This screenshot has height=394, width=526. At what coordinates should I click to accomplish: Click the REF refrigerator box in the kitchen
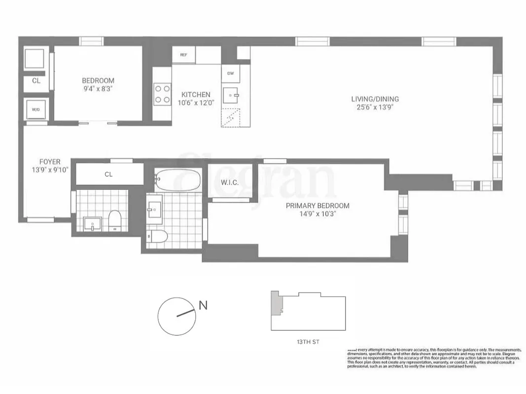click(183, 55)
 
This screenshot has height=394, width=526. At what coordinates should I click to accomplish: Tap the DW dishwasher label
click(230, 73)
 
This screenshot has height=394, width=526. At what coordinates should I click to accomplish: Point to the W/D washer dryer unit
click(36, 110)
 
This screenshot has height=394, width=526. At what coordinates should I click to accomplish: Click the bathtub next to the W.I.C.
click(177, 181)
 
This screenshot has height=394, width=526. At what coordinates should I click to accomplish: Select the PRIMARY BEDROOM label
click(317, 205)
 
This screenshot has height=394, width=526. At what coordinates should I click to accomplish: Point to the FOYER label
click(50, 162)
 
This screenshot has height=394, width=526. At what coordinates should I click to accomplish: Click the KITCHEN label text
click(196, 95)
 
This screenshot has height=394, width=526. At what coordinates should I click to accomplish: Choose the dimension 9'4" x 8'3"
click(98, 89)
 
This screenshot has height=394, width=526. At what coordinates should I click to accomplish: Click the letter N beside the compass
click(202, 305)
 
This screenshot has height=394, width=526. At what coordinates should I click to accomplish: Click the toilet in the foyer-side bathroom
click(115, 220)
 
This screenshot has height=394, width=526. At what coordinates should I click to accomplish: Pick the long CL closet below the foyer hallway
click(109, 174)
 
